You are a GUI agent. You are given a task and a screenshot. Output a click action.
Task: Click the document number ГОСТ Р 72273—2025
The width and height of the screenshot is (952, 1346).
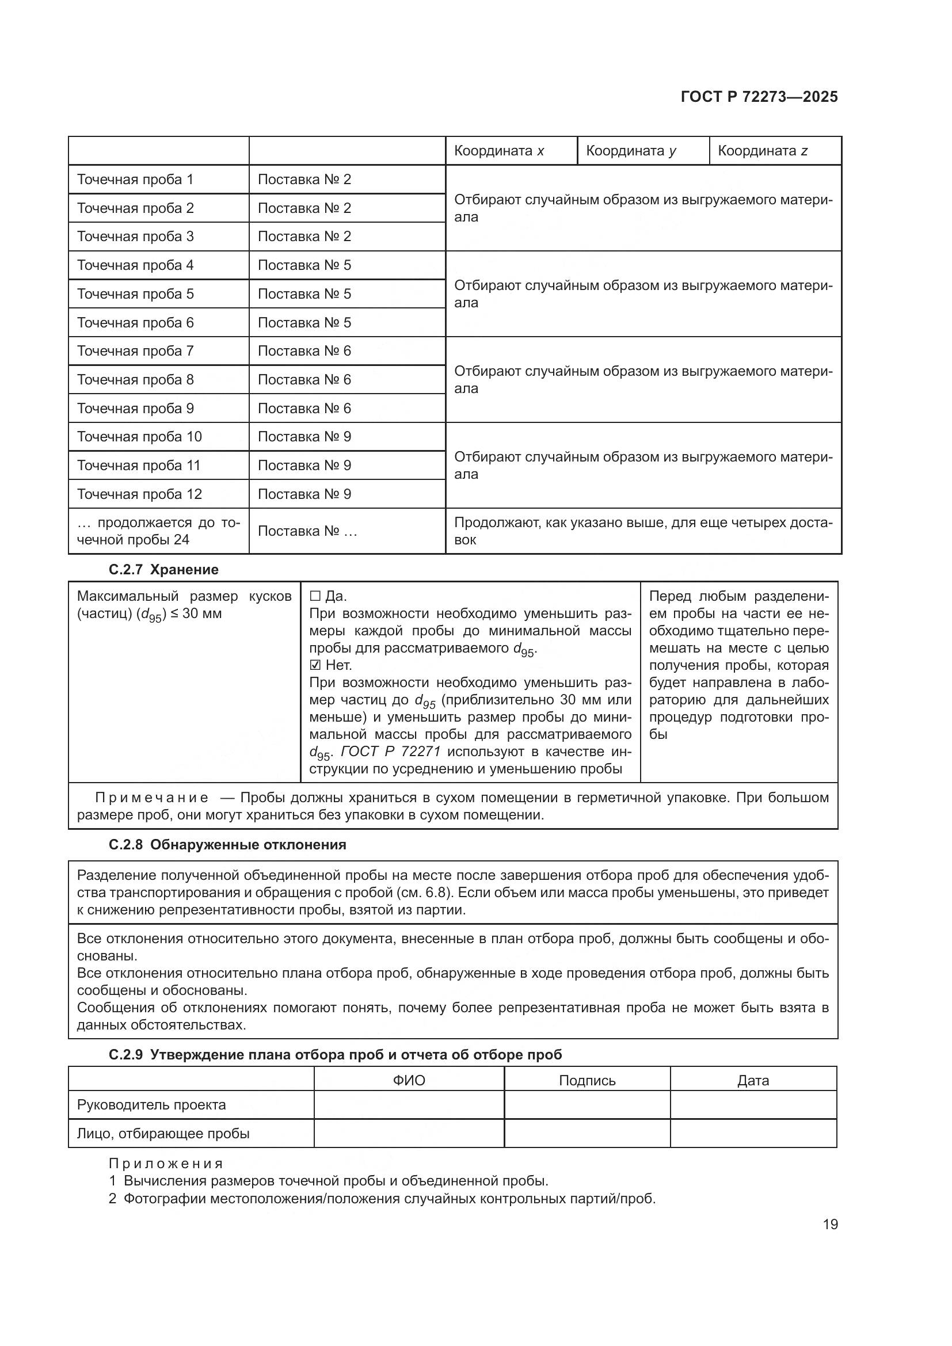[759, 97]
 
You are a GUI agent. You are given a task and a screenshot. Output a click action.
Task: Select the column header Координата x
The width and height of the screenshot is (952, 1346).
[499, 151]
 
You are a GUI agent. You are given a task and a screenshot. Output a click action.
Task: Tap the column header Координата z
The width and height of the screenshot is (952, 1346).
[762, 151]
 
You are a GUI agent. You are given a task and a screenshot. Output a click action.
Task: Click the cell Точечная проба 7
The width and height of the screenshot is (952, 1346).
[135, 351]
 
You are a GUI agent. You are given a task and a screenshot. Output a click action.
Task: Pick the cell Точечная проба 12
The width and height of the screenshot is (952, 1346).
[139, 494]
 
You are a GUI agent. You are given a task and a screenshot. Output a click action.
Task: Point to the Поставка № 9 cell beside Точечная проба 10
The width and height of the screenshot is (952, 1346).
[304, 437]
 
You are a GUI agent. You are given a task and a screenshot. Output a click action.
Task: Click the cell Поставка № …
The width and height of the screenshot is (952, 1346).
[307, 531]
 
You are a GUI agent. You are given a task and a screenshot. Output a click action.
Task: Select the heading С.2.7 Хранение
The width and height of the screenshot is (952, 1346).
[163, 570]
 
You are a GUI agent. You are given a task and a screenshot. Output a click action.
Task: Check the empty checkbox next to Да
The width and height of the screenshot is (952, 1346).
[315, 597]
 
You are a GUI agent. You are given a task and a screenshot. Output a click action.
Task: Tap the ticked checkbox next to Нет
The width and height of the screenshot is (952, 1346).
[315, 665]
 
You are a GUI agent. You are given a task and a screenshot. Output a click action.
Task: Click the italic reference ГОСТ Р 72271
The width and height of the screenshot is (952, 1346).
[390, 752]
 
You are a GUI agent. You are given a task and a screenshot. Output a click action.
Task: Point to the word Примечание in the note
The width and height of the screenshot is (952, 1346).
[151, 798]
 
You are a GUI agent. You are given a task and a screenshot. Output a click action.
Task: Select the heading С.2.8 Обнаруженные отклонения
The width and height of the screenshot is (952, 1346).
[227, 845]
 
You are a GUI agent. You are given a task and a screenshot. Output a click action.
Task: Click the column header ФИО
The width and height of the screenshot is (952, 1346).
[409, 1081]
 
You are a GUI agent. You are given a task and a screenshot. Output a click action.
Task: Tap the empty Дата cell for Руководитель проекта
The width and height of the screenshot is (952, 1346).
[753, 1105]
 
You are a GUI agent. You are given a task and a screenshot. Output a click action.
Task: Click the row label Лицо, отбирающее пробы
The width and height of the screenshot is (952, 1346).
[163, 1133]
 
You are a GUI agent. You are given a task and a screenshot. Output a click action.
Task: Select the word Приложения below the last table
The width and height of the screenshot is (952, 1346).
[166, 1164]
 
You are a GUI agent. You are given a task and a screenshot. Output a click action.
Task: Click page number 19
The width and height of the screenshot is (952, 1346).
[830, 1225]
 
